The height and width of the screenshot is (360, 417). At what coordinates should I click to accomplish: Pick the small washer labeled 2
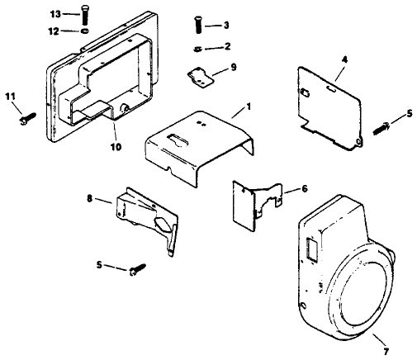199,47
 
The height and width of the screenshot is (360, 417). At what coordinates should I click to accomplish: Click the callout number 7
381,339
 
